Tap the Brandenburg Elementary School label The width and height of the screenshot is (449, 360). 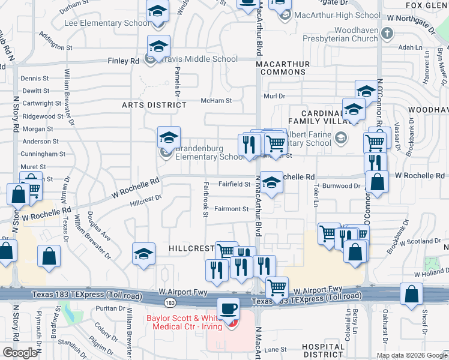[x=209, y=153]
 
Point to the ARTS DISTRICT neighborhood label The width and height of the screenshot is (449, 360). [x=154, y=105]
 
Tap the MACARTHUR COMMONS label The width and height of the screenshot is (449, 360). [x=282, y=68]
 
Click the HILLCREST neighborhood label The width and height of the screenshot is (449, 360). [x=191, y=248]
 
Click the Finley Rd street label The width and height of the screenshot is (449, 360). [x=123, y=61]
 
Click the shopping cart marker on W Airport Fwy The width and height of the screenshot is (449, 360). [x=277, y=287]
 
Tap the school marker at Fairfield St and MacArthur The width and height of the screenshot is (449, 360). [x=271, y=182]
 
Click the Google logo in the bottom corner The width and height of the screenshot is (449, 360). [x=20, y=353]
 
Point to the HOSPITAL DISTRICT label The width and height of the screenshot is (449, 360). [x=323, y=350]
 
